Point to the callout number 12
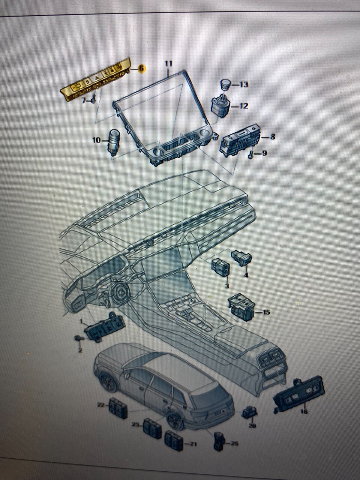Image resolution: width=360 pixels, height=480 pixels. [x=244, y=106]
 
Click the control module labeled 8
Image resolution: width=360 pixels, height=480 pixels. [x=240, y=140]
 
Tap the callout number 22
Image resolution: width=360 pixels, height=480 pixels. [x=100, y=405]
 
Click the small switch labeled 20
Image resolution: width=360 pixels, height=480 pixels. [x=249, y=412]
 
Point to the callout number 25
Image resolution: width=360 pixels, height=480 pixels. [x=235, y=443]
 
